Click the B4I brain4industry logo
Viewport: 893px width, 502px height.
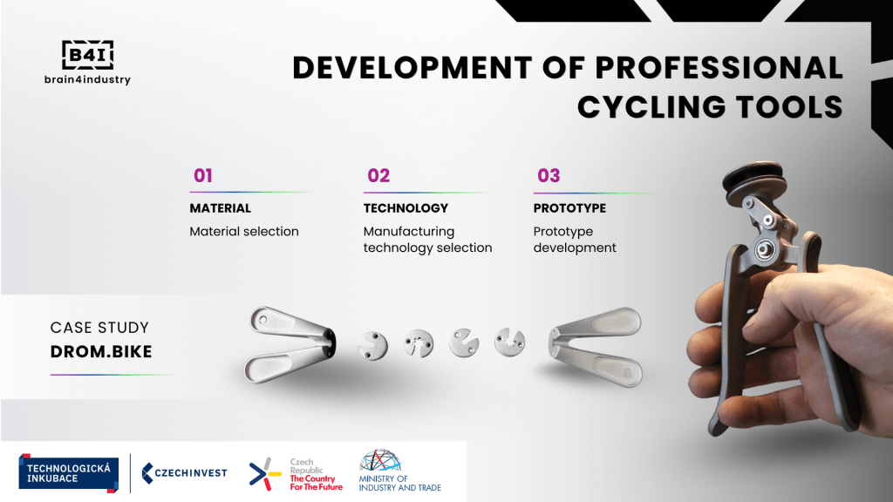point(88,63)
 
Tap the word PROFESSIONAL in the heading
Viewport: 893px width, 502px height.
point(719,68)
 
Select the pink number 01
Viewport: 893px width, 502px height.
point(202,175)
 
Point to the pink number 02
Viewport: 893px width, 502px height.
point(378,175)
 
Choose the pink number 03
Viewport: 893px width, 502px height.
point(549,175)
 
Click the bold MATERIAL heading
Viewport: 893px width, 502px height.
point(220,208)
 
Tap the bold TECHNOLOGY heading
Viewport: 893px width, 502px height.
point(406,208)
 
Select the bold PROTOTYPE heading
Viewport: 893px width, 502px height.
point(569,208)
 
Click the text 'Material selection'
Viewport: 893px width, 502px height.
point(244,232)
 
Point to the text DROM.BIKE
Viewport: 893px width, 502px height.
point(101,352)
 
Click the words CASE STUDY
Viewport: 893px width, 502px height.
point(99,328)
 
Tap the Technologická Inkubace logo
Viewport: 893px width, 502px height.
point(68,473)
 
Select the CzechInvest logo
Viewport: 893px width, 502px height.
point(184,473)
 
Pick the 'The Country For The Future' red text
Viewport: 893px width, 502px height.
point(316,483)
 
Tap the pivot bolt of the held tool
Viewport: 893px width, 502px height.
point(765,249)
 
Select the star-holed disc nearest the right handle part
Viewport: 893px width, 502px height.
point(509,342)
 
